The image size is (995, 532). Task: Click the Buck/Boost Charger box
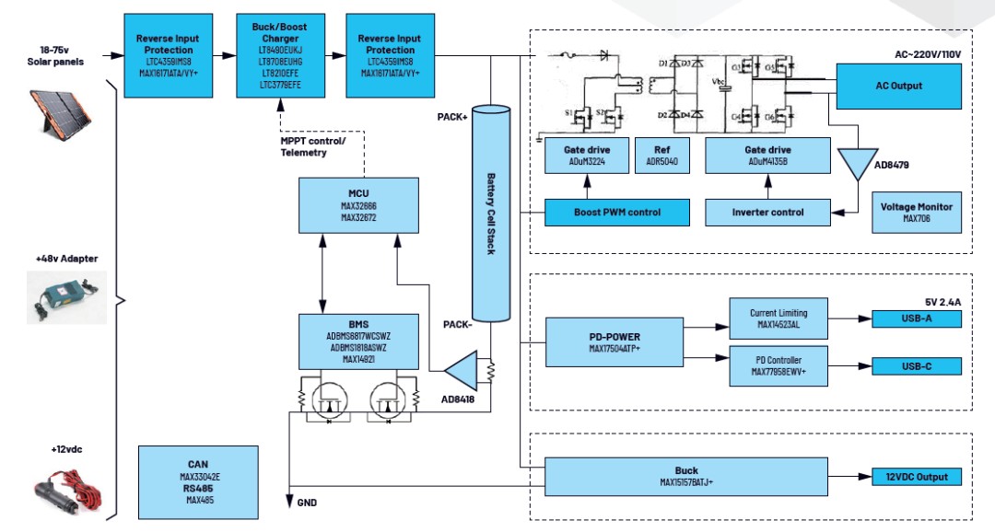pyautogui.click(x=280, y=56)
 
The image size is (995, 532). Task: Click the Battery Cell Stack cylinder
pyautogui.click(x=491, y=214)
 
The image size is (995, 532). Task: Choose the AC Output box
pyautogui.click(x=898, y=86)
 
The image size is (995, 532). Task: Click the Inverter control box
pyautogui.click(x=767, y=213)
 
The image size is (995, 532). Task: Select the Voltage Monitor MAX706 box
pyautogui.click(x=916, y=213)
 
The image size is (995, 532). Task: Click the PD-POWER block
pyautogui.click(x=614, y=342)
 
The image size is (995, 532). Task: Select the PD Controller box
pyautogui.click(x=778, y=366)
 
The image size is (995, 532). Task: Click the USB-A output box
pyautogui.click(x=916, y=319)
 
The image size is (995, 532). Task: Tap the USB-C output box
pyautogui.click(x=916, y=366)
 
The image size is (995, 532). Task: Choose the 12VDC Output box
pyautogui.click(x=916, y=477)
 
